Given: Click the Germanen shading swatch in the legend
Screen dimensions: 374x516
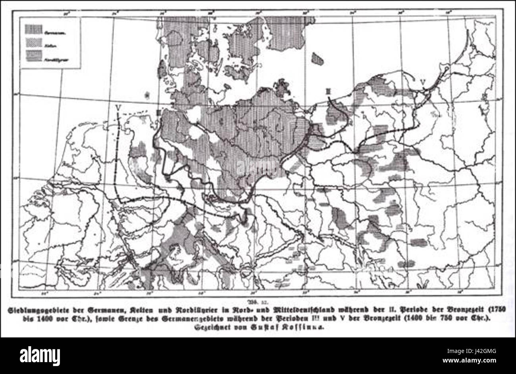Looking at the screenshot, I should tap(34, 28).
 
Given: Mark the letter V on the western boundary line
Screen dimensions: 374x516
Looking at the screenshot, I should tap(118, 107).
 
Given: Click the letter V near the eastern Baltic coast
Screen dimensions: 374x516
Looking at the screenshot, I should tap(424, 82).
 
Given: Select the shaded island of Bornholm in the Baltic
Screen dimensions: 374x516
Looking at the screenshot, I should tap(317, 58).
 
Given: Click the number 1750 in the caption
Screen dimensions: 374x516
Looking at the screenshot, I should tap(501, 309).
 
